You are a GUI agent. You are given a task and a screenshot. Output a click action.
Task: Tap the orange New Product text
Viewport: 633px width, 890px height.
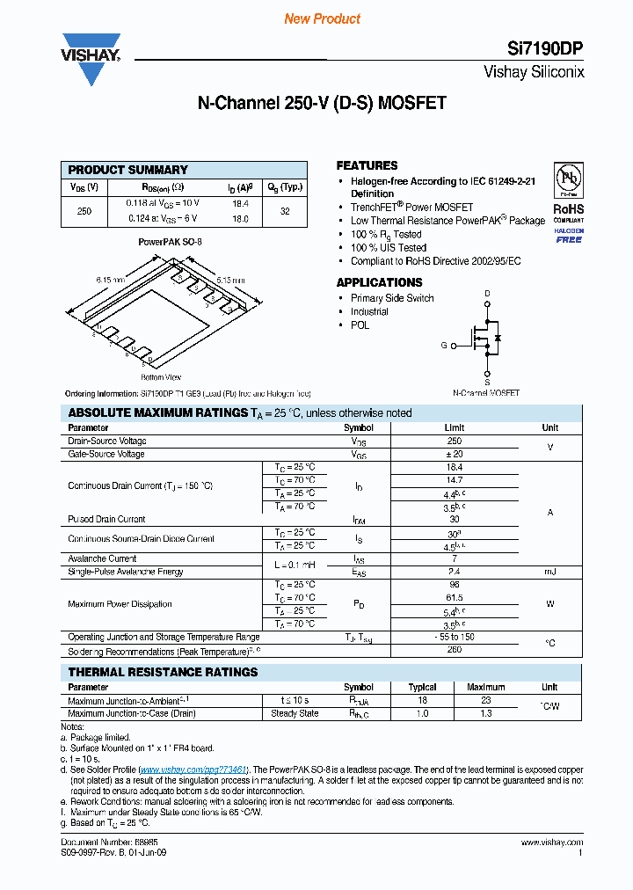tap(322, 19)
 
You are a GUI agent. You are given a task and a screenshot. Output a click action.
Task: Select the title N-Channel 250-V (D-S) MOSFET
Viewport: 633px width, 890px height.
tap(322, 103)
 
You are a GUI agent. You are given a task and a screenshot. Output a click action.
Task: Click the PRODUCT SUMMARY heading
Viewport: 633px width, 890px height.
tap(128, 170)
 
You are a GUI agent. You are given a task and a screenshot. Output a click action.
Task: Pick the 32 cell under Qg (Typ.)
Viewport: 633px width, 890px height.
tap(285, 211)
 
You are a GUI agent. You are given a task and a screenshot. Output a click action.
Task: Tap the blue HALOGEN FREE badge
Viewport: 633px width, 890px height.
tap(568, 235)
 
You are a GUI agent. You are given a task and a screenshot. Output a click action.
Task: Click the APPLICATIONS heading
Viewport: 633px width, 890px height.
tap(379, 282)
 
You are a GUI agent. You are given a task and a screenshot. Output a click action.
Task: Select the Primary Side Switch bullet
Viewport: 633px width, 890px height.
tap(392, 298)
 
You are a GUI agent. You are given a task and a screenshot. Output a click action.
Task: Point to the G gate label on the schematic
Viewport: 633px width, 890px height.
tap(444, 346)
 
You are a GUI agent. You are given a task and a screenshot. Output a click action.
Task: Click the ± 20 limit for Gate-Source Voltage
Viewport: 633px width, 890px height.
tap(454, 454)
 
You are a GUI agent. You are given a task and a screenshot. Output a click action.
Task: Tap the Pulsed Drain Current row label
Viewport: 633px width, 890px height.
tap(106, 520)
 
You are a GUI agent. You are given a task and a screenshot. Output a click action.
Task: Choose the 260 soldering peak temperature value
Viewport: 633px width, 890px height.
tap(454, 651)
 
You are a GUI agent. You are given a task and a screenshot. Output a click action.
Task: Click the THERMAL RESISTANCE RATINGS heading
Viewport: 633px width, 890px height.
tap(163, 672)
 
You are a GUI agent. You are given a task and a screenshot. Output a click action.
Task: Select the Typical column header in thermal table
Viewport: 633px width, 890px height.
tap(422, 687)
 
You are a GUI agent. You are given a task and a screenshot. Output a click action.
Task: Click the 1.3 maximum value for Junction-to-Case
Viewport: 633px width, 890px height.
tap(485, 713)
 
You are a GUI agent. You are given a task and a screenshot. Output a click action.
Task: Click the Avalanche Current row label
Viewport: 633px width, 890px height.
tap(102, 558)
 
